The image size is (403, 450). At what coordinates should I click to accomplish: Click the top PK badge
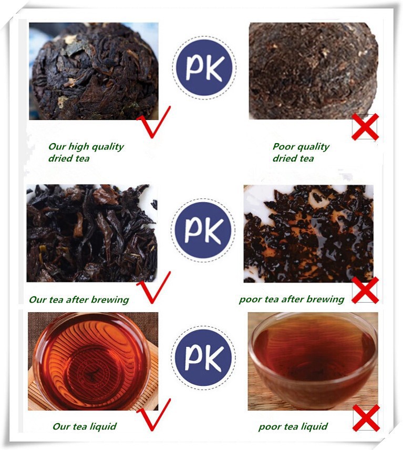coord(204,68)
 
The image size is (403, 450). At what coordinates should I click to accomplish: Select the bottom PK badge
coord(203,357)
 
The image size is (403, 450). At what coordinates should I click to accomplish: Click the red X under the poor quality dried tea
coord(366,127)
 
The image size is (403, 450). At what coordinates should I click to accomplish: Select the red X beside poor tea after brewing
coord(366,290)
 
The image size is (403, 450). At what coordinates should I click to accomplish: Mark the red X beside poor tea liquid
coord(366,418)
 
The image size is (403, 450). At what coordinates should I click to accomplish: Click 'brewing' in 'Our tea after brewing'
coord(110,300)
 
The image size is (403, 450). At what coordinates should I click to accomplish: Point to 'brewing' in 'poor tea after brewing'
coord(325,299)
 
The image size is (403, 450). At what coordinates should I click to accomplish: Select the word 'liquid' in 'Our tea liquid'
coord(103,426)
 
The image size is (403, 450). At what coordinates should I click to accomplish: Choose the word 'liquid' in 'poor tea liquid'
coord(314,426)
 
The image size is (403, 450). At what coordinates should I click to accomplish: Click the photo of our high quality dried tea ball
coord(94,71)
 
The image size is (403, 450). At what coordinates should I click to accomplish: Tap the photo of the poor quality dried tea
coord(314,71)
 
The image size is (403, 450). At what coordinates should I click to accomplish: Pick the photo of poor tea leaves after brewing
coord(308,234)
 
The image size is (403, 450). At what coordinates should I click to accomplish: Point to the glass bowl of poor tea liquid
coord(313,356)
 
